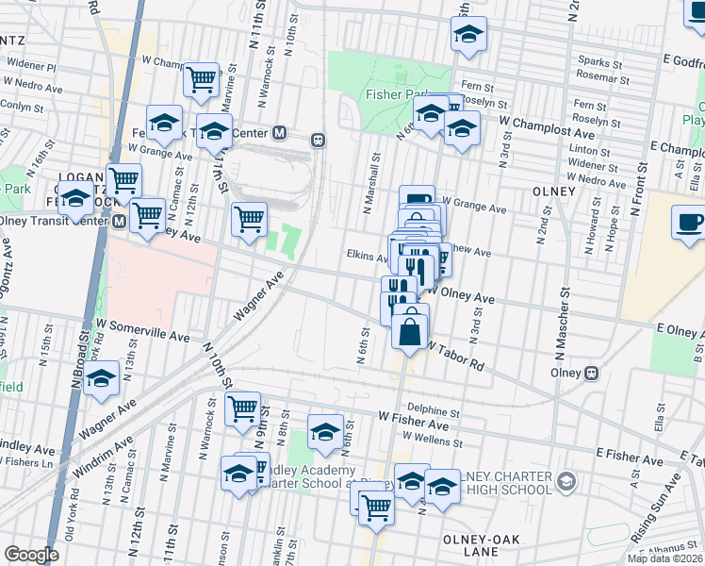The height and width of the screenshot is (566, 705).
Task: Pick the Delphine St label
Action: tap(434, 412)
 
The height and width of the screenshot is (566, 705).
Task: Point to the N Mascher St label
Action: tap(566, 332)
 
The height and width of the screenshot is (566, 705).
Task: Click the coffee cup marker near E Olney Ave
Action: tap(689, 224)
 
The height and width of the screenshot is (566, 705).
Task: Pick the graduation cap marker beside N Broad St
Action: tap(101, 380)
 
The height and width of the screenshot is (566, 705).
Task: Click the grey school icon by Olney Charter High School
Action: tap(566, 482)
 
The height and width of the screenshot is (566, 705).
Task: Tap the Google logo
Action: tap(31, 555)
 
